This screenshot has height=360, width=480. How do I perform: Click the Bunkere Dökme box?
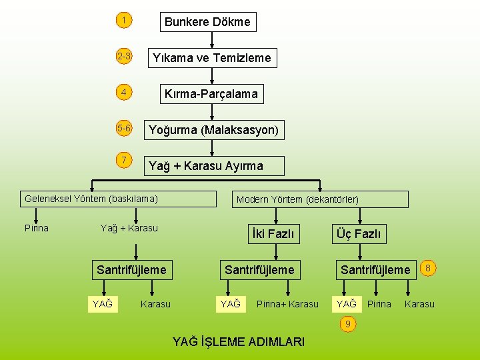(x=207, y=22)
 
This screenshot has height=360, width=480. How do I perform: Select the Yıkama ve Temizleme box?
(x=211, y=58)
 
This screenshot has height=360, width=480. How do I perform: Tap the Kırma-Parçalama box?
(x=211, y=94)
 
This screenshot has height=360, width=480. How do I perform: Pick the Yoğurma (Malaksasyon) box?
(x=213, y=129)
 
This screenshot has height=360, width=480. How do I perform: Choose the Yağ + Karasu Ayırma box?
(x=214, y=165)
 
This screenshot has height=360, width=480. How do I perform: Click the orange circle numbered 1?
(x=123, y=21)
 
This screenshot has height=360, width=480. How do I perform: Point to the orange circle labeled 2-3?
(x=123, y=57)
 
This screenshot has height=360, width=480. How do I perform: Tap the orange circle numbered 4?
(x=123, y=92)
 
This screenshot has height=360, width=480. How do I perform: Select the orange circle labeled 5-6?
(x=123, y=128)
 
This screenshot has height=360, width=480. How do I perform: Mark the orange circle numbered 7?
(x=123, y=160)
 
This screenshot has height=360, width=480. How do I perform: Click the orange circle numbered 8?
(x=429, y=268)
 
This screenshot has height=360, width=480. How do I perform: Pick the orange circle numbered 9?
(x=347, y=324)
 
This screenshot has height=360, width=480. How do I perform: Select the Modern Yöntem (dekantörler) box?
(x=321, y=199)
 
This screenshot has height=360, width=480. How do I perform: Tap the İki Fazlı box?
(x=273, y=234)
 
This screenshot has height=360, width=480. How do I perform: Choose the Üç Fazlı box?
(x=359, y=234)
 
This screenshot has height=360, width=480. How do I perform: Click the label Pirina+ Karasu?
(x=287, y=305)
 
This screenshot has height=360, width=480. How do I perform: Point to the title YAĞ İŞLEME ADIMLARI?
(x=239, y=342)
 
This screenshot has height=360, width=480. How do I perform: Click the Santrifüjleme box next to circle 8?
(x=375, y=269)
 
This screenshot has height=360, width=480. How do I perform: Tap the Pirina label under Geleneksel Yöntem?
(x=37, y=228)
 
